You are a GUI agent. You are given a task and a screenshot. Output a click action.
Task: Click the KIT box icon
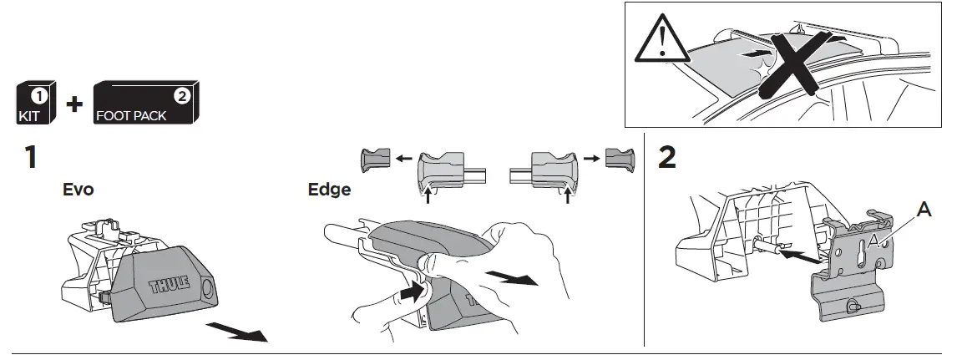tap(36, 104)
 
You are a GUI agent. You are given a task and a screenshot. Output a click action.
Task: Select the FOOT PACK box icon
tap(145, 104)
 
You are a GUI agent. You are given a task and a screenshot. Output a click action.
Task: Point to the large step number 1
tap(30, 157)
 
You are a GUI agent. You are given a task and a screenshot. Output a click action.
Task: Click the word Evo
tap(78, 190)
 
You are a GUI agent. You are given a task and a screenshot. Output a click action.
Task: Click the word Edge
tap(328, 190)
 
